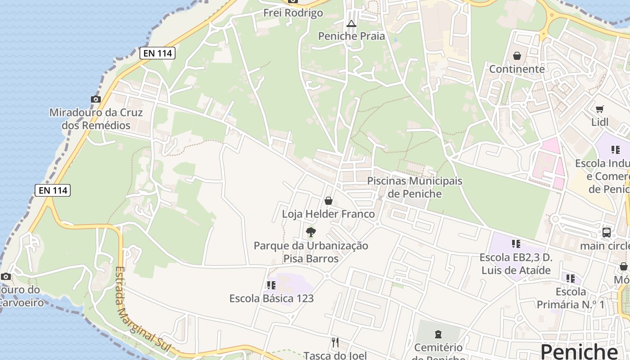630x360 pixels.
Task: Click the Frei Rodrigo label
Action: coord(293,13)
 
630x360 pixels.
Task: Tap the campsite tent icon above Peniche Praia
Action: coord(351,23)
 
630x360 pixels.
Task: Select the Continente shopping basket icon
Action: coord(517,56)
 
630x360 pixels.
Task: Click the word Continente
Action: coord(517,69)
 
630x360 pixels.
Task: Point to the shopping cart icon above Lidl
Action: coord(600,109)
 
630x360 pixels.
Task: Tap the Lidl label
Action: coord(600,122)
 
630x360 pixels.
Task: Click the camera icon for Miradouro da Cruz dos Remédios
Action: coord(95,99)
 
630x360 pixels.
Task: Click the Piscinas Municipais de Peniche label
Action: coord(414,187)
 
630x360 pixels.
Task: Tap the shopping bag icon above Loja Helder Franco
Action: coord(328,201)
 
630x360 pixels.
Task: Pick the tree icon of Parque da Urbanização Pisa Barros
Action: coord(310,233)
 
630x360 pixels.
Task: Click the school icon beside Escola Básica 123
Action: coord(271,285)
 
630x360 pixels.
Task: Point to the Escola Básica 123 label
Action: coord(271,298)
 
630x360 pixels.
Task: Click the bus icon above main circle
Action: coord(607,233)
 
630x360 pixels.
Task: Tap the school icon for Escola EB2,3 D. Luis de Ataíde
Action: coord(516,244)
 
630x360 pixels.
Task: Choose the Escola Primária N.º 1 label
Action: coord(571,298)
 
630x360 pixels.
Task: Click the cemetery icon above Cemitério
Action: coord(438,334)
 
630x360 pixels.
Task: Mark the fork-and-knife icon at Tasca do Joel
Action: coord(335,342)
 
